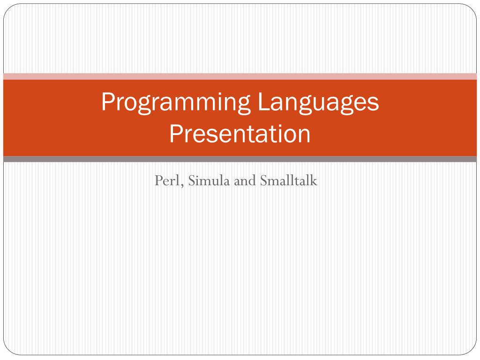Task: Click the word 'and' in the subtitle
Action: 243,180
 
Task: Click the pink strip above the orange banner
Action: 240,76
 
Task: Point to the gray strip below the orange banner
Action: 240,159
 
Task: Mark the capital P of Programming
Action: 107,102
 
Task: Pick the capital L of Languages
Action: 262,102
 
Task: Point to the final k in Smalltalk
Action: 315,180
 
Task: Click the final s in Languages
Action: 374,105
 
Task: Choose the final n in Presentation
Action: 305,135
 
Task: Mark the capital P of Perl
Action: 158,180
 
